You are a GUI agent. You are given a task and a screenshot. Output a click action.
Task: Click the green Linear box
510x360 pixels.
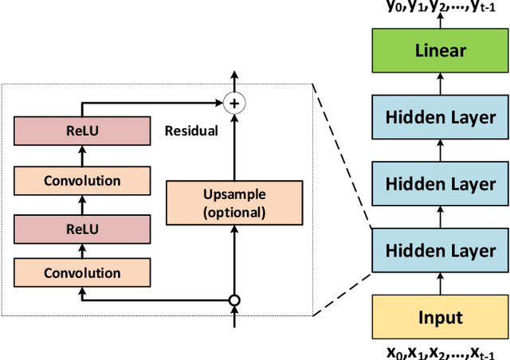(x=440, y=51)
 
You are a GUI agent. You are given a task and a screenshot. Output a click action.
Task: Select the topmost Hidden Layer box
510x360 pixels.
(x=440, y=118)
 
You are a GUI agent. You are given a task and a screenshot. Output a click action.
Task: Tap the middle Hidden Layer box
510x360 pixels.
(x=440, y=184)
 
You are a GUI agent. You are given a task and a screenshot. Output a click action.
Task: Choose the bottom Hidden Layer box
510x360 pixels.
(x=440, y=251)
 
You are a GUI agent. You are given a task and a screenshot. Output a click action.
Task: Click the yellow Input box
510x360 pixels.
(x=440, y=318)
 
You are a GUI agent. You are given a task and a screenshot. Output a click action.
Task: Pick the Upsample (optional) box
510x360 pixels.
(x=233, y=202)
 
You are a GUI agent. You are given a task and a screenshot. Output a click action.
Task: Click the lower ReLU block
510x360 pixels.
(x=81, y=229)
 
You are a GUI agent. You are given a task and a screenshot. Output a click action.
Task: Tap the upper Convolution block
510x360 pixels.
(x=81, y=181)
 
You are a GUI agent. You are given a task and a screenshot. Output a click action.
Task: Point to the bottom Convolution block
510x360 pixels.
(x=81, y=273)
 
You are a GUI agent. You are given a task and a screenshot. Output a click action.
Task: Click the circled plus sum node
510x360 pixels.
(x=233, y=102)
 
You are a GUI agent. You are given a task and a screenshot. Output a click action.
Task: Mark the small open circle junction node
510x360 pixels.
(x=233, y=301)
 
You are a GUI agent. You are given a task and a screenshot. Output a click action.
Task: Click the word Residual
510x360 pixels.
(x=190, y=131)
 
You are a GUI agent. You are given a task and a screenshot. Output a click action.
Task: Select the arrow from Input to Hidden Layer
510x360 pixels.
(x=440, y=284)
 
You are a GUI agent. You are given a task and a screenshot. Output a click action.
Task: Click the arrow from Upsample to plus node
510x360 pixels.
(x=233, y=147)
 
